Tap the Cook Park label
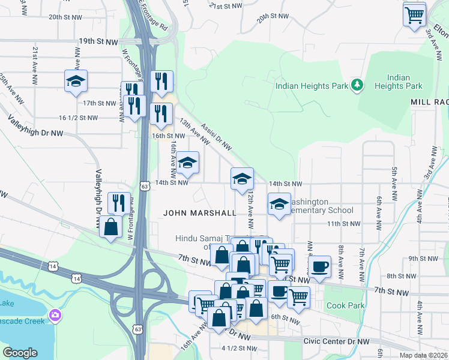345,305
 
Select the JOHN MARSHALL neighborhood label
200,212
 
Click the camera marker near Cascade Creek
56,314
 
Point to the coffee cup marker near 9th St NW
319,266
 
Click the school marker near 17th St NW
76,81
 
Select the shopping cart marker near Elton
415,14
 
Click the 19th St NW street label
100,42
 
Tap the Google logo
20,353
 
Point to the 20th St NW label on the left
64,17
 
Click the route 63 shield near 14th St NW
144,186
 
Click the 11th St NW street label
343,223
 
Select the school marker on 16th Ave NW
187,163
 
